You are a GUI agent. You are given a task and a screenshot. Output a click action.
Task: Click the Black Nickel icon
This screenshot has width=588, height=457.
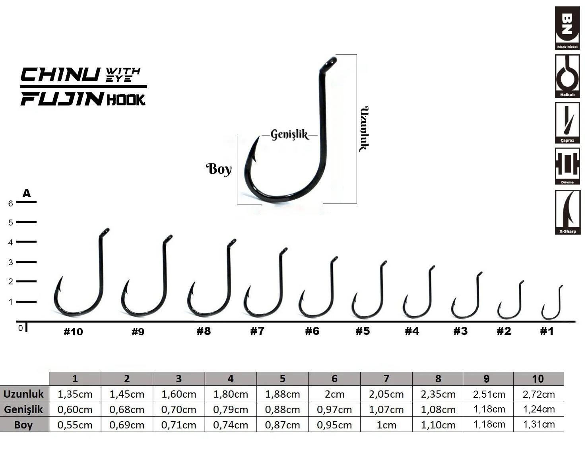click(567, 28)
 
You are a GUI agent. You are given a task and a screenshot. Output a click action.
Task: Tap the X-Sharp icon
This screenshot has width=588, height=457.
click(568, 212)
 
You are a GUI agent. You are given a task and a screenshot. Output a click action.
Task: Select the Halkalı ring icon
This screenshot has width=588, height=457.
click(567, 76)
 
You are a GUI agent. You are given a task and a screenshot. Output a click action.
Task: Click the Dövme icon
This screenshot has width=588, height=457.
click(567, 166)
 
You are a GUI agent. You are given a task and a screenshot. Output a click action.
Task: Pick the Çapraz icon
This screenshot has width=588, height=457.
click(567, 123)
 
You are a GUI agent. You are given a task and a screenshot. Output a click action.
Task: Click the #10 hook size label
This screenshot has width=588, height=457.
click(73, 332)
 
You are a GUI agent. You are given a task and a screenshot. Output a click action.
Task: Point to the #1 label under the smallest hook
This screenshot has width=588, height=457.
click(547, 331)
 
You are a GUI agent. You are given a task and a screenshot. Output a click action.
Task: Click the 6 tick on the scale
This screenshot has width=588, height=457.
click(26, 202)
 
